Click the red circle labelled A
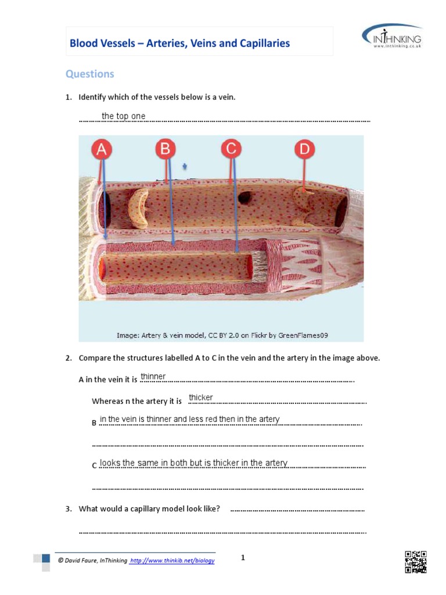[102, 150]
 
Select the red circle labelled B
[166, 150]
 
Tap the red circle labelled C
[231, 150]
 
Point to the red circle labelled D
[304, 150]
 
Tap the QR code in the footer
[415, 562]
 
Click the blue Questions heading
[89, 74]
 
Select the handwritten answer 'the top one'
[123, 116]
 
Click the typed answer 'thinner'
[153, 377]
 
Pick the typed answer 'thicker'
[201, 397]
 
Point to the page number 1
[243, 558]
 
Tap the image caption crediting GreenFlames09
[222, 335]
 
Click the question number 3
[68, 509]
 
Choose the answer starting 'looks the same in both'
[193, 463]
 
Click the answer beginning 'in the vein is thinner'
[189, 419]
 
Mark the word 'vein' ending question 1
[225, 97]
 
